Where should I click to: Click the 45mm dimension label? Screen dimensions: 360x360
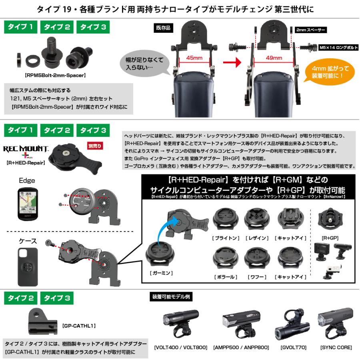pos(192,58)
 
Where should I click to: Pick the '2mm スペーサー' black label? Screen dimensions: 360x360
pos(311,30)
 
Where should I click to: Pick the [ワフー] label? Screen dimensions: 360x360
pos(257,277)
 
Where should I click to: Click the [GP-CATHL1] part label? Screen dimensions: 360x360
pos(79,326)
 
